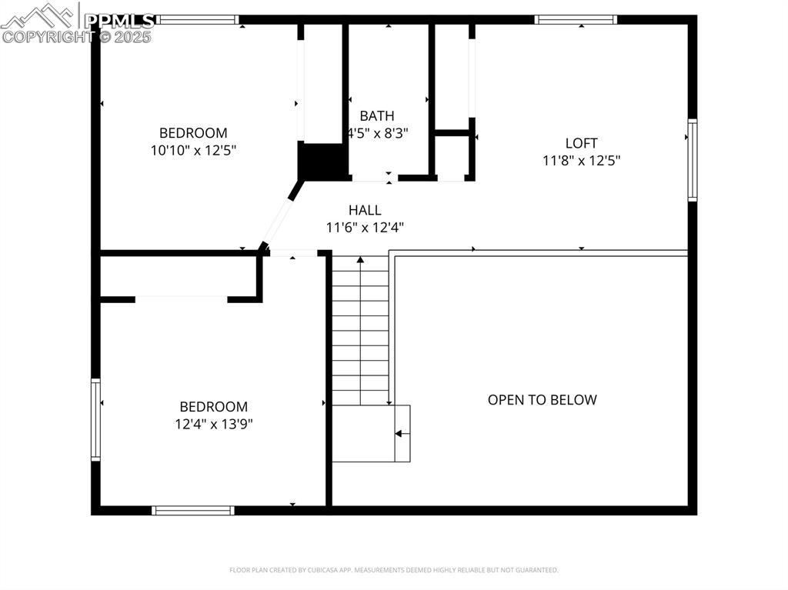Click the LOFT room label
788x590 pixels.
(581, 143)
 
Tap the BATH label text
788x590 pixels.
(376, 116)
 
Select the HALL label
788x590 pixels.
(364, 210)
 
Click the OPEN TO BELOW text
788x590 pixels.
(542, 399)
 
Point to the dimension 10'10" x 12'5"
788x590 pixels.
(193, 150)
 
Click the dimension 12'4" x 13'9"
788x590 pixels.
(214, 424)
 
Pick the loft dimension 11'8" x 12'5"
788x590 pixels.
(581, 161)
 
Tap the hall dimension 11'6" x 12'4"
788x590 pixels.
(365, 228)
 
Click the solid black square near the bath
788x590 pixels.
(322, 161)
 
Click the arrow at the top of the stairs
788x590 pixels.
(360, 261)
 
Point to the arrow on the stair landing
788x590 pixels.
(399, 434)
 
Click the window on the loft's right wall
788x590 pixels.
(692, 160)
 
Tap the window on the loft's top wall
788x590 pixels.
(576, 20)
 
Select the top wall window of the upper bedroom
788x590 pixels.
(199, 20)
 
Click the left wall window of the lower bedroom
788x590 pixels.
(96, 419)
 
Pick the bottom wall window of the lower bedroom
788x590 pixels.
(193, 510)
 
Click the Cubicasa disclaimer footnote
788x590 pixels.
(394, 570)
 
